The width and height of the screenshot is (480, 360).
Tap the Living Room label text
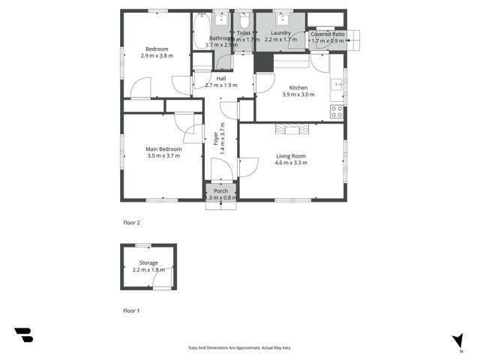pyautogui.click(x=290, y=156)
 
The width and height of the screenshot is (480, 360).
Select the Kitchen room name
pyautogui.click(x=295, y=88)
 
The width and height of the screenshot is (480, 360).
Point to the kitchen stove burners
pyautogui.click(x=337, y=112)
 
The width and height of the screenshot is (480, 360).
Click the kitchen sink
pyautogui.click(x=338, y=84)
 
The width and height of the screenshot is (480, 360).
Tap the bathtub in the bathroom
pyautogui.click(x=200, y=31)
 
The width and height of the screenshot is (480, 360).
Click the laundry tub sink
pyautogui.click(x=283, y=19)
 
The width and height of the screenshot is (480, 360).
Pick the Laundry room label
pyautogui.click(x=280, y=33)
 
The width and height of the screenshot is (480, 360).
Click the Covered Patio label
pyautogui.click(x=327, y=34)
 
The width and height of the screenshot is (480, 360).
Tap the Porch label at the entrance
pyautogui.click(x=221, y=191)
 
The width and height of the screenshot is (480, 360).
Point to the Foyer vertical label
pyautogui.click(x=215, y=142)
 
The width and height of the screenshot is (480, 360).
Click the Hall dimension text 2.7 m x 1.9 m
pyautogui.click(x=221, y=85)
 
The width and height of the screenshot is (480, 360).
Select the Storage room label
pyautogui.click(x=148, y=262)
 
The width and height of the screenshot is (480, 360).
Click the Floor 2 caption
pyautogui.click(x=132, y=223)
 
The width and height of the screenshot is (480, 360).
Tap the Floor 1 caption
pyautogui.click(x=132, y=310)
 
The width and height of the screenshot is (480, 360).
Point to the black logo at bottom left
pyautogui.click(x=23, y=335)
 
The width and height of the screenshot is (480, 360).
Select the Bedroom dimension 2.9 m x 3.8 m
pyautogui.click(x=157, y=55)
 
